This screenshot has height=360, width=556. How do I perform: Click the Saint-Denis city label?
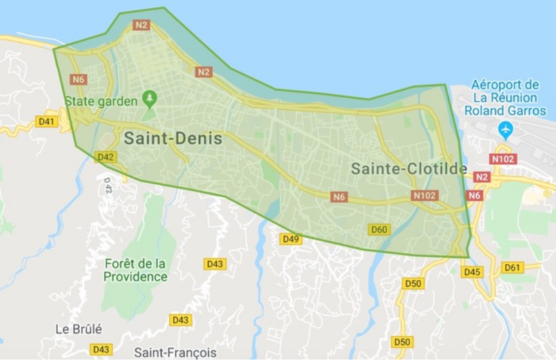click(x=173, y=139)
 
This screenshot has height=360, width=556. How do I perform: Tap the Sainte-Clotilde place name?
click(x=409, y=169)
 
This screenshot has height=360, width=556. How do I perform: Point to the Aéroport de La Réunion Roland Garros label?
click(x=505, y=97)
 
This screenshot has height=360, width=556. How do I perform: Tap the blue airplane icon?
click(x=506, y=129)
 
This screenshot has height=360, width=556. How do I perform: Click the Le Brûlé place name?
click(x=79, y=329)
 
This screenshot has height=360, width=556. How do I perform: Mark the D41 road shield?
click(x=46, y=122)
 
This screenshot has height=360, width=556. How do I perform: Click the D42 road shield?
click(x=106, y=157)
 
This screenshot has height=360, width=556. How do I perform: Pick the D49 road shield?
click(x=290, y=239)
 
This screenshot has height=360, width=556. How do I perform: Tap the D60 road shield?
click(x=379, y=229)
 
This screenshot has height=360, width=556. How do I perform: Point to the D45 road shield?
click(x=472, y=272)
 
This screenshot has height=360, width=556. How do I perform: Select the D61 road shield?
click(x=512, y=267)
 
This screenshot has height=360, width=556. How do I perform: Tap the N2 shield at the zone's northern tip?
click(x=141, y=26)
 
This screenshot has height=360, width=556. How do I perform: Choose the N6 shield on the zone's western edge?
click(x=77, y=79)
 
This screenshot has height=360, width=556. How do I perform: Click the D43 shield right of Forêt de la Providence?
click(x=215, y=264)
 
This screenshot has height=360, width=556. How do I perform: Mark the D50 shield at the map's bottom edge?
click(x=402, y=342)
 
